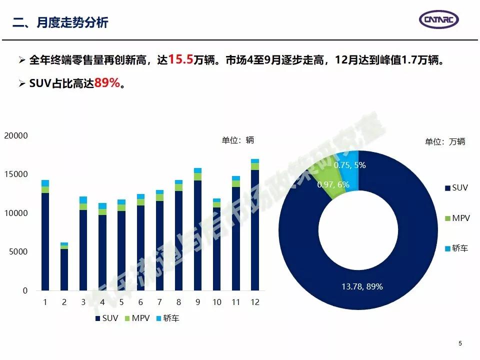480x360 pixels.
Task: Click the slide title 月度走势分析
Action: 60,22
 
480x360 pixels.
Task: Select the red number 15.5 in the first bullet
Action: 180,60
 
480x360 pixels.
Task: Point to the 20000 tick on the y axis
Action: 16,135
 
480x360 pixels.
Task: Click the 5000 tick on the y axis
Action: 19,252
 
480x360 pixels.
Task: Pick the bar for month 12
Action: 255,225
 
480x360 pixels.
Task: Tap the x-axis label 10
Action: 216,302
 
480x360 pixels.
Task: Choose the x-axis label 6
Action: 140,302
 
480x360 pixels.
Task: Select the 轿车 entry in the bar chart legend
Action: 167,318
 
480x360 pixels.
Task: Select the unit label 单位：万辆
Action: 444,141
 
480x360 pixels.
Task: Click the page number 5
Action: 460,343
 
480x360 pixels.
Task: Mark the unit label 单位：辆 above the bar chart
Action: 238,140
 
